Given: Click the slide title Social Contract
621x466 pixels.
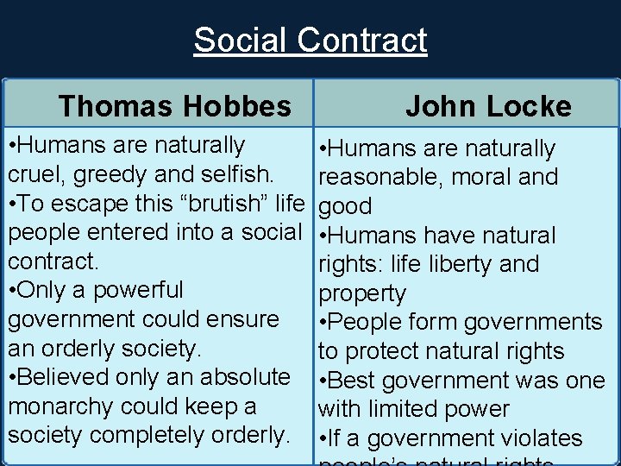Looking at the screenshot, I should point(310,40).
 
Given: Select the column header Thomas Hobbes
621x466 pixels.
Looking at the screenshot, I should point(175,106).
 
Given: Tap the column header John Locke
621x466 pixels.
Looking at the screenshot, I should point(488,106).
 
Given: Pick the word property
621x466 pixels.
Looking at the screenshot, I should point(362,294).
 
